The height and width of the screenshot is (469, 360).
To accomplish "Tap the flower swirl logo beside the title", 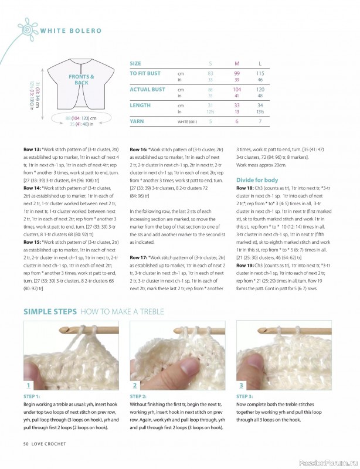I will (x=27, y=29).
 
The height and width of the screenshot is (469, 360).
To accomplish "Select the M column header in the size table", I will (x=237, y=63).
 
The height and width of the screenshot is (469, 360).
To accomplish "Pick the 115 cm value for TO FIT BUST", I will (x=260, y=73).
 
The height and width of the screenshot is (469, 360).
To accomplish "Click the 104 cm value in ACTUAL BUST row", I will (x=237, y=89).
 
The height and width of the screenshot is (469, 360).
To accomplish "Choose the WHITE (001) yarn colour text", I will (x=188, y=122).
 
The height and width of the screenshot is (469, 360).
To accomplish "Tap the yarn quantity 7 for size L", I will (x=260, y=121).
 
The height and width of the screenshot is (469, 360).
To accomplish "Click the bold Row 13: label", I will (x=33, y=150).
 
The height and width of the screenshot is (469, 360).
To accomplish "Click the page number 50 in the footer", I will (x=26, y=460).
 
